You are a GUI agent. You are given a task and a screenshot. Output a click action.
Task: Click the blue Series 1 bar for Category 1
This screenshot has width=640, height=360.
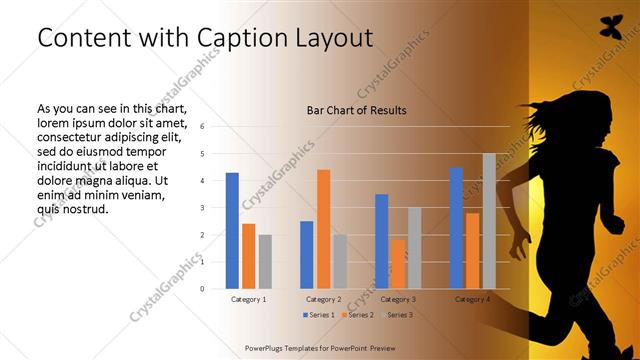(x=232, y=231)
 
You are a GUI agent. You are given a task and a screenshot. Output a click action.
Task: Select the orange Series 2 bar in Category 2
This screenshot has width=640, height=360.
(x=323, y=229)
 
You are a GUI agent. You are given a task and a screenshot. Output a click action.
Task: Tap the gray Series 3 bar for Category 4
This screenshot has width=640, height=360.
(x=489, y=221)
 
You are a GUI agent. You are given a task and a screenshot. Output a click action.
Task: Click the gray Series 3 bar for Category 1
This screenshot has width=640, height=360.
(x=265, y=262)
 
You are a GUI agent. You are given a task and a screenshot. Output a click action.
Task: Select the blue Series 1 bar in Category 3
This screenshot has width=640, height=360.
(x=382, y=241)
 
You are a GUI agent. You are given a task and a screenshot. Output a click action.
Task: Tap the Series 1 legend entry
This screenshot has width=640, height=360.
(x=319, y=315)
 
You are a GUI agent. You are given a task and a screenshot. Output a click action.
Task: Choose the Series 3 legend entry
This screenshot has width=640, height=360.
(x=396, y=315)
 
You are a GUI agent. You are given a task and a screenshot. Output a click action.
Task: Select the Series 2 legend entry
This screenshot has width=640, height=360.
(x=358, y=315)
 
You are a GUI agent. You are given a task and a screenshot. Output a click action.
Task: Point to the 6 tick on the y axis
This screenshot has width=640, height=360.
(x=202, y=127)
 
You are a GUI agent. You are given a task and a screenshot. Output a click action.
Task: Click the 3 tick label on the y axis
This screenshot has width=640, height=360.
(x=202, y=208)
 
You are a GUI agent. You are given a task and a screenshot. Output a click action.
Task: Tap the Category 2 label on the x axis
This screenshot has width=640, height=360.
(x=323, y=299)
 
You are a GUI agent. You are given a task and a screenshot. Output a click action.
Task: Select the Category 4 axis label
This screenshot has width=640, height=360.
(x=472, y=299)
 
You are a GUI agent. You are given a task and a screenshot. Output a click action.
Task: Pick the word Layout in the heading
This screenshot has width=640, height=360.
(x=333, y=38)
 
